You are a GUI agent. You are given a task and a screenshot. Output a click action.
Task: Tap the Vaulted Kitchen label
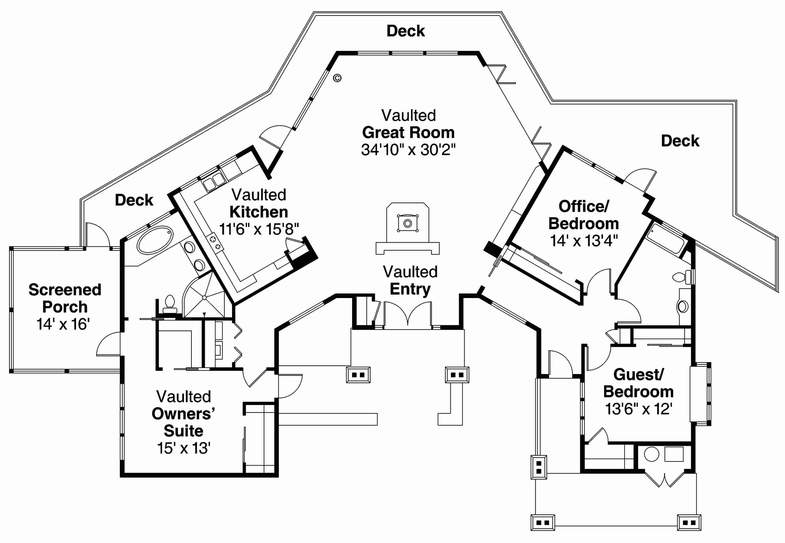(x=259, y=203)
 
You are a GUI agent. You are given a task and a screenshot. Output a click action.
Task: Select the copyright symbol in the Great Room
(x=337, y=78)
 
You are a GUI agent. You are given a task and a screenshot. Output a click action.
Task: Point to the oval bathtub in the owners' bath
(x=155, y=240)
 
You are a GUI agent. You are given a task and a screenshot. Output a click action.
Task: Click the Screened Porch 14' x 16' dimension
(x=63, y=324)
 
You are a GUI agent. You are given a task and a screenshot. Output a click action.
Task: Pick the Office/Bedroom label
(x=583, y=215)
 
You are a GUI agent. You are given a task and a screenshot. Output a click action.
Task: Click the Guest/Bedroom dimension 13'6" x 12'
(x=638, y=409)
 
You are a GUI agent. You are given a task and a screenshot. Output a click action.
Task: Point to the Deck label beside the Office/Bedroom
(x=680, y=141)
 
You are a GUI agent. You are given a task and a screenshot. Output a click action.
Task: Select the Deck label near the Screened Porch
(x=134, y=200)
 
